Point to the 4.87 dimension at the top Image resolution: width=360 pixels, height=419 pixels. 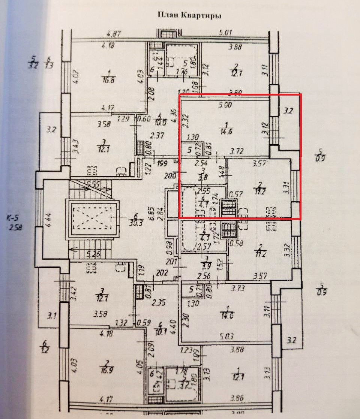[x=114, y=34]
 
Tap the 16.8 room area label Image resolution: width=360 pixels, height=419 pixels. [x=109, y=79]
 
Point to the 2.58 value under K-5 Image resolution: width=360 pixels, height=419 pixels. [x=15, y=227]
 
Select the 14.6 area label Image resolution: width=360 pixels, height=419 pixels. [x=227, y=132]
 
